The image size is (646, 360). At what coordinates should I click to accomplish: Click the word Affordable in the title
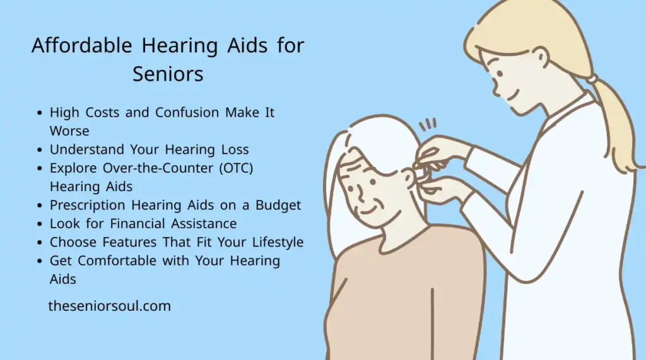[x=82, y=45]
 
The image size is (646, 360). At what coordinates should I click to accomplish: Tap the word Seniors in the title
[x=168, y=74]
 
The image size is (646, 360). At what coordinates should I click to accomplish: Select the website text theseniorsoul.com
[x=110, y=306]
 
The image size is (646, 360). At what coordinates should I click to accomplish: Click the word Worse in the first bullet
[x=69, y=131]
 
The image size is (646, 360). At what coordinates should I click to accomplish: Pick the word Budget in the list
[x=278, y=205]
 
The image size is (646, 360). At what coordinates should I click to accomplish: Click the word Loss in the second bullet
[x=235, y=149]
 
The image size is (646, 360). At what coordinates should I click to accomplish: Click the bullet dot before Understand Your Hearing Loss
[x=40, y=150]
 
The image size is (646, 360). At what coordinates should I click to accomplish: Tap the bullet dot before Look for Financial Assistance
[x=40, y=224]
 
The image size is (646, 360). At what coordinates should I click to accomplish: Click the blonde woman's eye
[x=500, y=74]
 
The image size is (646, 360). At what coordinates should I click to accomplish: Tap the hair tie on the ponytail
[x=592, y=79]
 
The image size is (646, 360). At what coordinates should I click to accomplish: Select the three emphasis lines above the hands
[x=427, y=124]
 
